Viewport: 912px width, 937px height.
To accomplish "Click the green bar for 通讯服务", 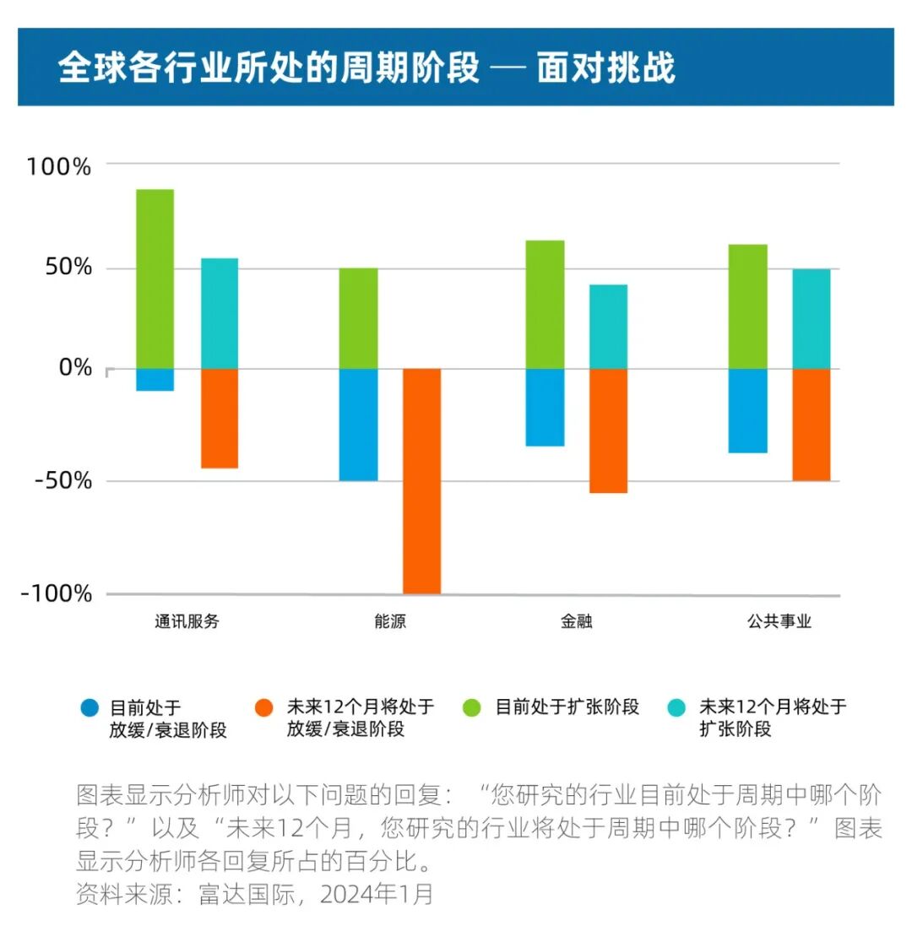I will click(155, 279).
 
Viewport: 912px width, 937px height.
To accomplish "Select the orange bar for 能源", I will click(421, 481).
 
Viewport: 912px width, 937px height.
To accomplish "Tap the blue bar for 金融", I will click(545, 407).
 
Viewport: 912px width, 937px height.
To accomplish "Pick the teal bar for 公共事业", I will click(811, 318).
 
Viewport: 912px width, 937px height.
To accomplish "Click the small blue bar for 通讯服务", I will click(155, 380).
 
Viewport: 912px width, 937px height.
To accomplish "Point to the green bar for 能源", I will click(358, 318).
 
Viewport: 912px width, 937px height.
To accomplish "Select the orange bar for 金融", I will click(608, 431).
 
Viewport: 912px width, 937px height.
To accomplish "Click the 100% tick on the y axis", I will click(58, 166).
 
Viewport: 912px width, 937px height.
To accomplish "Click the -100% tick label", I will click(57, 593).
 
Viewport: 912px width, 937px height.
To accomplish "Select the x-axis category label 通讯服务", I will click(187, 621).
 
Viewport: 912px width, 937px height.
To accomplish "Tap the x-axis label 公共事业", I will click(779, 621).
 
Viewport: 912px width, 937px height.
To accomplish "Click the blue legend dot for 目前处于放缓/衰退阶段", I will click(89, 707).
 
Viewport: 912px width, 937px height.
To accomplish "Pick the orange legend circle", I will click(265, 707).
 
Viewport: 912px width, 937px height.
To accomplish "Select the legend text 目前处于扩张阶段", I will click(567, 707).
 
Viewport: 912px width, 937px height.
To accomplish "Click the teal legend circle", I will click(676, 707).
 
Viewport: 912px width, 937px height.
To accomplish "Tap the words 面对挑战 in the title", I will click(606, 68).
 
